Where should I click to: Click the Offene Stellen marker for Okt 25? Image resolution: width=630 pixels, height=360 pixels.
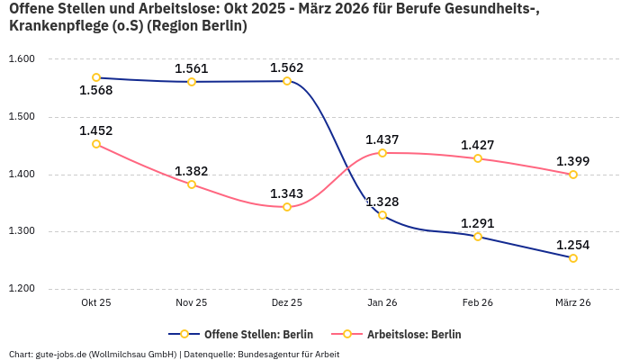coord(96,77)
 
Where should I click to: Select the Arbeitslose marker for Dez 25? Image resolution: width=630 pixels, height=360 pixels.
coord(287,207)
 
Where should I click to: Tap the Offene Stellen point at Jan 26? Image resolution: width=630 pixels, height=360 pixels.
coord(382,215)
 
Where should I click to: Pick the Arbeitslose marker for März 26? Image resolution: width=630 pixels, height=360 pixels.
coord(573,175)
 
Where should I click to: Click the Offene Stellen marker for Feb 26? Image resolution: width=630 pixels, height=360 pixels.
coord(478,237)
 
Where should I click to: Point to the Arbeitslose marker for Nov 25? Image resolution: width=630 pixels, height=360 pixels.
coord(192,184)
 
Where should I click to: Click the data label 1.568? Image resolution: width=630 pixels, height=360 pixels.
coord(96,90)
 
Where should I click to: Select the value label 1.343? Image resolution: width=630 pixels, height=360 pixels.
coord(287,193)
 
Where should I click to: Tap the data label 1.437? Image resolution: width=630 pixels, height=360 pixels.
coord(382,139)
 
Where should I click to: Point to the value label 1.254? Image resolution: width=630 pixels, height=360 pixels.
coord(573,245)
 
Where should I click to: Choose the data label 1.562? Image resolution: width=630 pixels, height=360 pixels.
coord(287,67)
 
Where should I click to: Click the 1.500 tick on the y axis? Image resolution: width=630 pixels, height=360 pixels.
coord(22,117)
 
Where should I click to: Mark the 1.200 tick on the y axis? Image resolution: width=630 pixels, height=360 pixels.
coord(22,289)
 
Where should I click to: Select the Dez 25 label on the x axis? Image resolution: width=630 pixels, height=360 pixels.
coord(287,303)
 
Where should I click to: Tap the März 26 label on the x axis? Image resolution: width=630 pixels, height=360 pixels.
coord(573,303)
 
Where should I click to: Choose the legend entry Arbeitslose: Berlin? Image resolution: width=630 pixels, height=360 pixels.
coord(405,334)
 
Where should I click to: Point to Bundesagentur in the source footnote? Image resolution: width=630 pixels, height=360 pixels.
coord(263,354)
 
